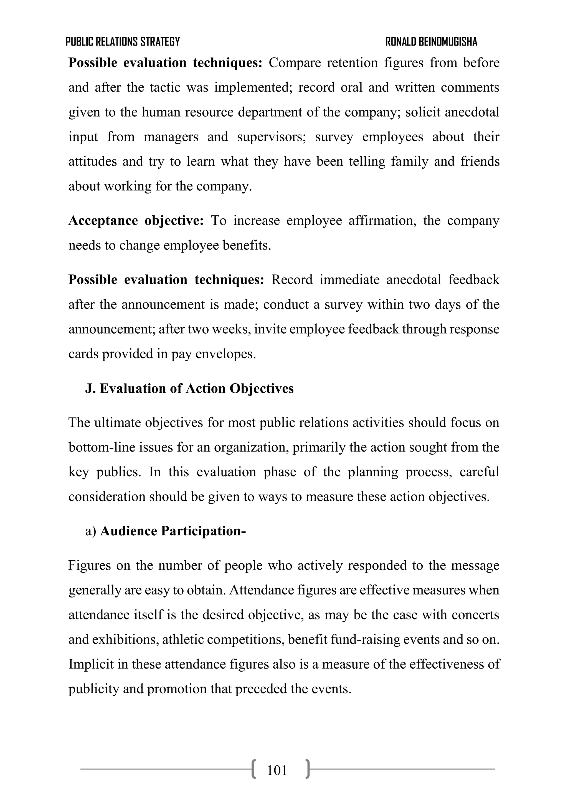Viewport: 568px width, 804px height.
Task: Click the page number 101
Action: (277, 770)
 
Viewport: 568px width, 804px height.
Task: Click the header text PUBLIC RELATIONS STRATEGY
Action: (123, 42)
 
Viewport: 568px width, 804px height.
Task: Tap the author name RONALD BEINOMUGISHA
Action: (431, 42)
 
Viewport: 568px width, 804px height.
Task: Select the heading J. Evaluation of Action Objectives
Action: (189, 389)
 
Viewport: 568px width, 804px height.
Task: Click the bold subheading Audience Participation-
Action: (173, 531)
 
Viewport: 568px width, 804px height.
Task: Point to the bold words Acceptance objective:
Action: (136, 221)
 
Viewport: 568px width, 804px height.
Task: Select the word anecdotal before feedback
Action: (414, 280)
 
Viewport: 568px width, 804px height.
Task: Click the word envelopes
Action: (225, 354)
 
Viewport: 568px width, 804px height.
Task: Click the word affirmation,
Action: (382, 221)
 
